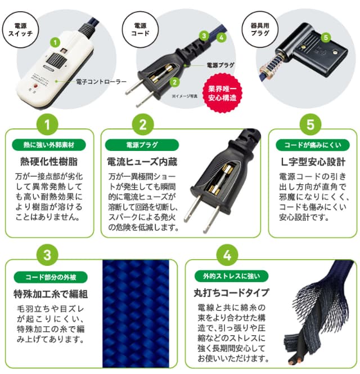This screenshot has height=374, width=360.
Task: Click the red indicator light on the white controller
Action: pyautogui.click(x=35, y=86)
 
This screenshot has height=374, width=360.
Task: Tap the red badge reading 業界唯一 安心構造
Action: pyautogui.click(x=222, y=93)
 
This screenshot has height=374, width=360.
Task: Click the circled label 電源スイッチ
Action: pyautogui.click(x=20, y=29)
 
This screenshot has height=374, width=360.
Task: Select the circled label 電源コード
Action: pyautogui.click(x=140, y=29)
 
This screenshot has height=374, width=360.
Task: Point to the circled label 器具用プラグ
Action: pyautogui.click(x=260, y=29)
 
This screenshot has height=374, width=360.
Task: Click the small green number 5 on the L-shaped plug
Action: pyautogui.click(x=326, y=37)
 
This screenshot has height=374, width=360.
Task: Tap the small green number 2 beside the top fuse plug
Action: pyautogui.click(x=174, y=82)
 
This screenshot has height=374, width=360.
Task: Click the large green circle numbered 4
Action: pyautogui.click(x=227, y=255)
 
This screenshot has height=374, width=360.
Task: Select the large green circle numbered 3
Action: pyautogui.click(x=47, y=255)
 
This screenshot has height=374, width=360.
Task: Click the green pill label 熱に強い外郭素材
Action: pyautogui.click(x=49, y=145)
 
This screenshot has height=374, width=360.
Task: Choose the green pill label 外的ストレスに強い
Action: pyautogui.click(x=231, y=276)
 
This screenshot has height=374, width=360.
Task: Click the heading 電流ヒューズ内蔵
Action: pyautogui.click(x=142, y=162)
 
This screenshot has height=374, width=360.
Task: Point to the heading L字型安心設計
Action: pyautogui.click(x=313, y=162)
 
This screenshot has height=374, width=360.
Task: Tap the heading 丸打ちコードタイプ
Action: pyautogui.click(x=231, y=293)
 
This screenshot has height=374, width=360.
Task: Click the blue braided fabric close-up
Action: pyautogui.click(x=136, y=314)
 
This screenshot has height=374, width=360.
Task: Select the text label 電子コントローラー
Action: pyautogui.click(x=101, y=82)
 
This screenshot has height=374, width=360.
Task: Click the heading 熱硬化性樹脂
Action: pyautogui.click(x=49, y=162)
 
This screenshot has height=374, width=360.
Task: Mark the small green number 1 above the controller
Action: pyautogui.click(x=55, y=42)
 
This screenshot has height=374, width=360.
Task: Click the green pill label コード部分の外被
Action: pyautogui.click(x=51, y=277)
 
